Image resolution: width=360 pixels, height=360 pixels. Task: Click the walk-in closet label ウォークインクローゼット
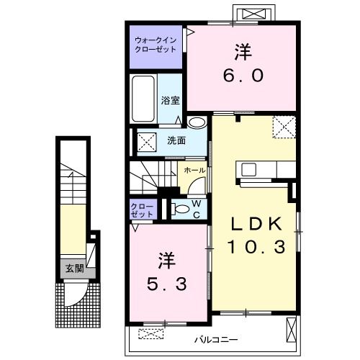click(156, 45)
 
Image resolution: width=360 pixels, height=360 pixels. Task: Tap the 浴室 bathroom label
click(170, 100)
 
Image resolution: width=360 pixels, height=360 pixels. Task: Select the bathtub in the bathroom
click(143, 99)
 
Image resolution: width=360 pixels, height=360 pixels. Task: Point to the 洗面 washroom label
click(176, 140)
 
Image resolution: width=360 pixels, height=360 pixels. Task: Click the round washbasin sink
click(197, 122)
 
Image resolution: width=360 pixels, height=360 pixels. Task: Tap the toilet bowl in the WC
click(181, 209)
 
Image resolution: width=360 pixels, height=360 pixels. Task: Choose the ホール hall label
click(194, 171)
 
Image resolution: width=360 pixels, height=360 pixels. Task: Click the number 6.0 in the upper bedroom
click(243, 75)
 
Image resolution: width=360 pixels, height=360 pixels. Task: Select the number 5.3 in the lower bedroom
click(166, 284)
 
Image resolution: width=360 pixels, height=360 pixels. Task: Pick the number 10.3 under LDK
click(256, 247)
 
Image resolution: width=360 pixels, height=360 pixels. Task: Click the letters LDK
click(256, 224)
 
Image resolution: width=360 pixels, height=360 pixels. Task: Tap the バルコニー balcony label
click(216, 340)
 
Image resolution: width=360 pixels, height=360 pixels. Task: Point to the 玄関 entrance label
click(75, 269)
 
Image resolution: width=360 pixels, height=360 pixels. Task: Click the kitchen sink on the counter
click(248, 169)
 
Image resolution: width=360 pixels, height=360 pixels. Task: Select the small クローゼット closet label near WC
click(142, 210)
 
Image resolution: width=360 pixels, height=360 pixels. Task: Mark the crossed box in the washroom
click(147, 143)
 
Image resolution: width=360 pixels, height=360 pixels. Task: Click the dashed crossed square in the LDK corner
click(284, 127)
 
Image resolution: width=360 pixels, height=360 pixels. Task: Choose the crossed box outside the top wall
click(254, 14)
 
